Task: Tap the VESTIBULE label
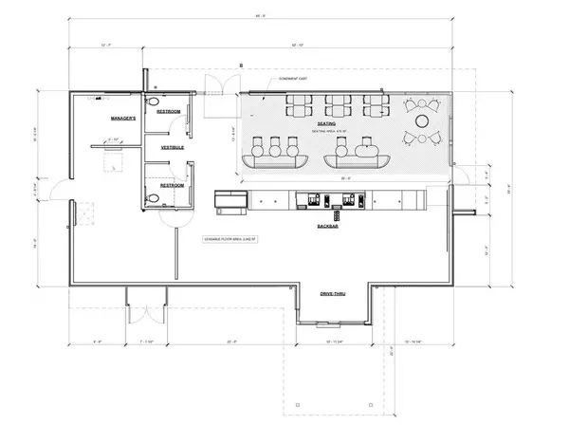pos(172,148)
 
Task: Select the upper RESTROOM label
pos(170,111)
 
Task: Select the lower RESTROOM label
pos(171,185)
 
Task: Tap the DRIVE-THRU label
pos(336,294)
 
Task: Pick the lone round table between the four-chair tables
pos(420,121)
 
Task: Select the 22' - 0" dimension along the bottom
pos(231,340)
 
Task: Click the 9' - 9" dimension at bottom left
pos(98,340)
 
